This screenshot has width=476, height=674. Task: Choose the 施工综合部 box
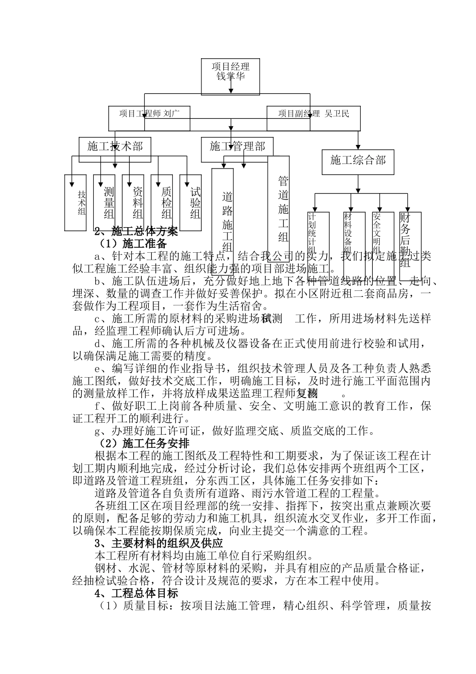pos(358,161)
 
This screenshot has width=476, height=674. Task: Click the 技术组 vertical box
pos(76,202)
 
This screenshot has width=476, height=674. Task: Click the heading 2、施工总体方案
pos(136,232)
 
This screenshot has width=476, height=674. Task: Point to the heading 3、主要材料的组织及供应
pos(159,543)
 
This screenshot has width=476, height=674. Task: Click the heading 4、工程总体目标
pos(136,593)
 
